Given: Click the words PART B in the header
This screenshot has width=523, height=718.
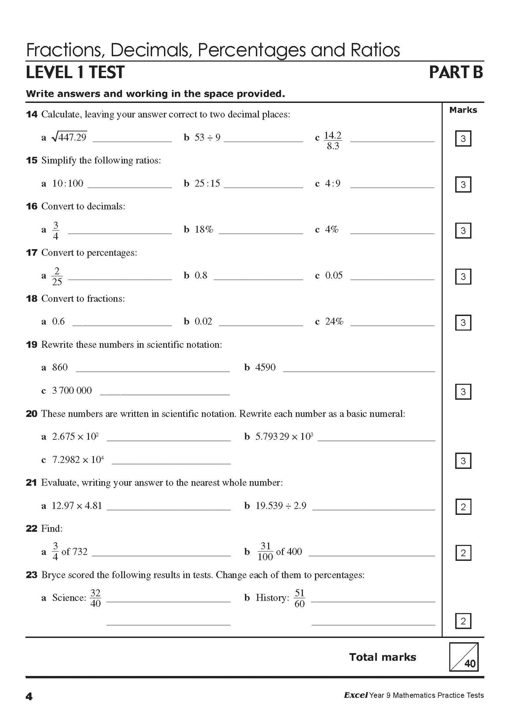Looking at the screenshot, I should click(x=456, y=72).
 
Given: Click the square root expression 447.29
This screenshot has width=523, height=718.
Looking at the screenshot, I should click(x=69, y=137).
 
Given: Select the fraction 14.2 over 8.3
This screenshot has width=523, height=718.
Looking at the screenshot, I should click(x=332, y=141).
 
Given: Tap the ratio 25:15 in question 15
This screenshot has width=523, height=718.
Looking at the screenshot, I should click(x=207, y=183).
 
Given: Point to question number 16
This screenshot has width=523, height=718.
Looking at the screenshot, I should click(x=31, y=206).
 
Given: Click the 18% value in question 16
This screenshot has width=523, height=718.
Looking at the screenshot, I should click(x=204, y=229).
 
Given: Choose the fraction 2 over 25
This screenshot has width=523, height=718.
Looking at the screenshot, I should click(x=57, y=276).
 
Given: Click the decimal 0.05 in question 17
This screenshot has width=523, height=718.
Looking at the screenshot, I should click(x=333, y=275).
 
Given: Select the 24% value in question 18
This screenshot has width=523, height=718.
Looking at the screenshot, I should click(x=334, y=321).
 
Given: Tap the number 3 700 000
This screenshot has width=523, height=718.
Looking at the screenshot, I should click(x=72, y=391).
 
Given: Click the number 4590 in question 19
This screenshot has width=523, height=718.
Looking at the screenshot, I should click(x=265, y=367).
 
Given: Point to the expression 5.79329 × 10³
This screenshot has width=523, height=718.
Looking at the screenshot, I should click(x=284, y=437).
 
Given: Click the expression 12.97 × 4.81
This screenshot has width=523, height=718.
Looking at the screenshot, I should click(x=77, y=506).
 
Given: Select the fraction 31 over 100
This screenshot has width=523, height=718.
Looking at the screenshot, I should click(x=265, y=552).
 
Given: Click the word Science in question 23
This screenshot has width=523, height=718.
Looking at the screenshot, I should click(x=69, y=598).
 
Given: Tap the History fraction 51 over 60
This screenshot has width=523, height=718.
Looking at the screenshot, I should click(x=299, y=598).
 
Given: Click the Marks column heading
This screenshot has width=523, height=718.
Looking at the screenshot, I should click(x=463, y=110).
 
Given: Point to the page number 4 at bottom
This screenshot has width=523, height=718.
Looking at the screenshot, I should click(x=29, y=696).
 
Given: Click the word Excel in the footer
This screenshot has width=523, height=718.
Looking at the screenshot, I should click(x=355, y=695).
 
